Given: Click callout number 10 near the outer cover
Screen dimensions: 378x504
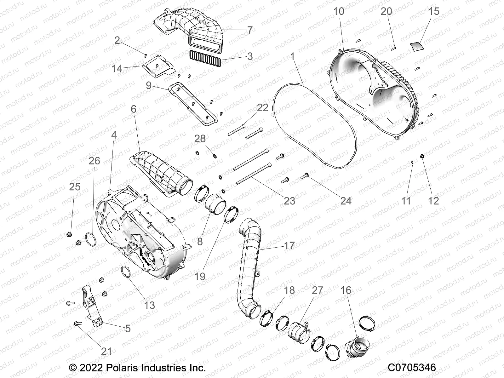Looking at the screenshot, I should pyautogui.click(x=339, y=11).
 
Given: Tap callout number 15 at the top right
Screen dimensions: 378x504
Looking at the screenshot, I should pyautogui.click(x=434, y=11).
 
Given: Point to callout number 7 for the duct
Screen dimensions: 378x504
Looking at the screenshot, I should pyautogui.click(x=249, y=30).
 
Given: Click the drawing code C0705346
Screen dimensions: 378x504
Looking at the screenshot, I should pyautogui.click(x=412, y=367).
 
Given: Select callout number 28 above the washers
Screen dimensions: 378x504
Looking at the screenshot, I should pyautogui.click(x=200, y=139).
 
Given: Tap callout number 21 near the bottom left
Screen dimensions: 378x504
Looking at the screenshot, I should pyautogui.click(x=106, y=351).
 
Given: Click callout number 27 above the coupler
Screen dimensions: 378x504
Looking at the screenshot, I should pyautogui.click(x=317, y=290).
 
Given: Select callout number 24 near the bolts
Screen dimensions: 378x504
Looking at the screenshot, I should pyautogui.click(x=346, y=201).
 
